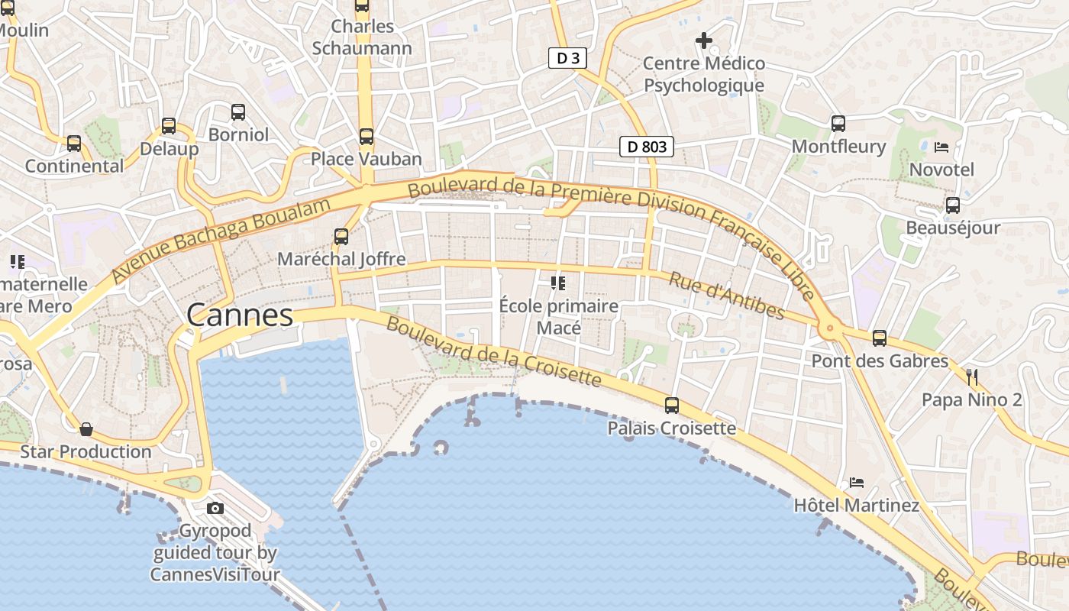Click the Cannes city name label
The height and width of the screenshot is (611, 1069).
[x=240, y=315]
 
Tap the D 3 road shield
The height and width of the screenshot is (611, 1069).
[x=567, y=58]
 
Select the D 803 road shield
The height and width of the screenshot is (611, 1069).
[x=647, y=146]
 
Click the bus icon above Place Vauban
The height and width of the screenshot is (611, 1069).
[x=367, y=137]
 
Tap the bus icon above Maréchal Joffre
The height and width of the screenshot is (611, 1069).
[x=341, y=237]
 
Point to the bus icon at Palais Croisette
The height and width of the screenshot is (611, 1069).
[x=672, y=406]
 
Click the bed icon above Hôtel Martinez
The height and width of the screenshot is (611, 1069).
[x=857, y=483]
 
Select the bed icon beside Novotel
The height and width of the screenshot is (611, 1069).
[x=941, y=147]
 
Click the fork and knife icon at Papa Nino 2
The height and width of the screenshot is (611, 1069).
[x=972, y=377]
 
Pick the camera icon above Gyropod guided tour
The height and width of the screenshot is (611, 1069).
[x=215, y=508]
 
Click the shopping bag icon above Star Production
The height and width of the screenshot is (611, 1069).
[x=86, y=429]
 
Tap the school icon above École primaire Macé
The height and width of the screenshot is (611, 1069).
[x=558, y=283]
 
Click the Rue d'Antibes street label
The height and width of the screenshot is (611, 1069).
[x=726, y=296]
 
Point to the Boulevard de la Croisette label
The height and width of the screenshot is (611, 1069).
[x=493, y=351]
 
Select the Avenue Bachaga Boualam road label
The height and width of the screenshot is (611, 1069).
[x=221, y=239]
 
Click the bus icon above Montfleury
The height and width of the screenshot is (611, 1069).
[x=838, y=123]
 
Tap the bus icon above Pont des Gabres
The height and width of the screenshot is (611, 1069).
[x=880, y=338]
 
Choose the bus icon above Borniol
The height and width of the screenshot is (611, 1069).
[x=238, y=112]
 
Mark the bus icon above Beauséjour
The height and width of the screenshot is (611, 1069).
[x=953, y=205]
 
